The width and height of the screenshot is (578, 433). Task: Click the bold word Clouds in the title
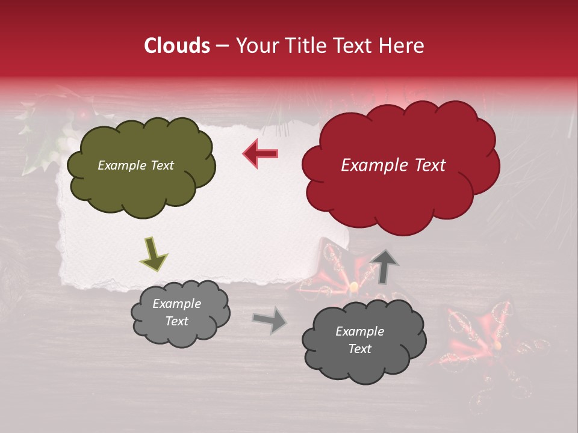tap(176, 46)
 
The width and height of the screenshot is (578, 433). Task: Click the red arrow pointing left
tap(261, 153)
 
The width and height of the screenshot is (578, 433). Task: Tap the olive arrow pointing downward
tap(154, 253)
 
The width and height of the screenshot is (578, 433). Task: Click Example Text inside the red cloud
tap(393, 165)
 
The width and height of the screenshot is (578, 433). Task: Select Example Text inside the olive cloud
tap(135, 165)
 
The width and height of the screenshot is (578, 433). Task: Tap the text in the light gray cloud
tap(176, 312)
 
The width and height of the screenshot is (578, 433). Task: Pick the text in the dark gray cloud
tap(359, 340)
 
